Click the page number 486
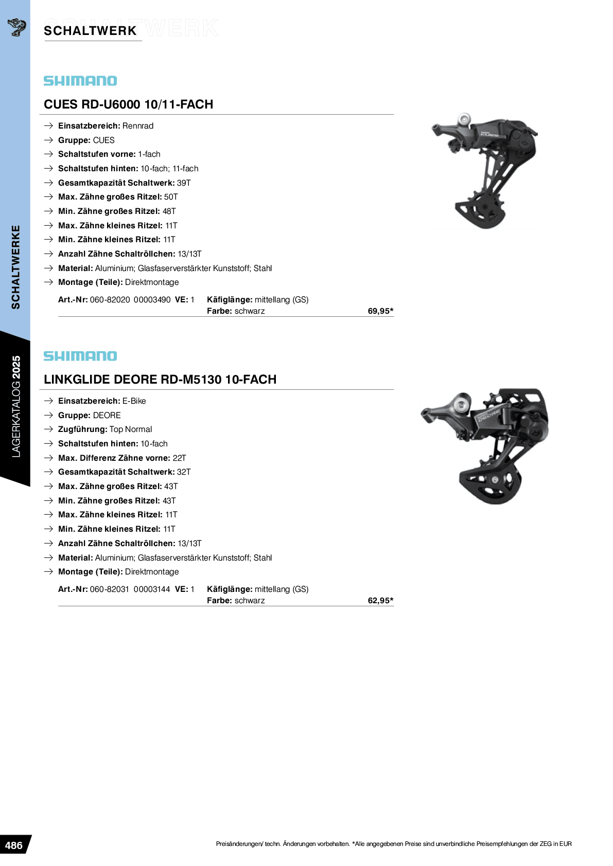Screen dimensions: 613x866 tap(13, 845)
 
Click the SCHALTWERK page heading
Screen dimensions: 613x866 tap(90, 31)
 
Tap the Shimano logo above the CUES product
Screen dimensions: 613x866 tap(80, 81)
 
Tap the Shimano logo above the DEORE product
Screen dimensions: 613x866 tap(80, 356)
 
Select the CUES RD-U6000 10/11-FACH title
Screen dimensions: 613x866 tap(129, 104)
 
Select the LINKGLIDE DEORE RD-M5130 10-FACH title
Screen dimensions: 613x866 tap(160, 380)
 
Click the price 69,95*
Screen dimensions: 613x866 tap(380, 311)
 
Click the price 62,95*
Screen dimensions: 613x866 tap(380, 601)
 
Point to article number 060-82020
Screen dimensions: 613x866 tap(110, 300)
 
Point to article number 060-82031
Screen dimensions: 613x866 tap(110, 589)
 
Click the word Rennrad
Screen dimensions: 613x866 tap(138, 126)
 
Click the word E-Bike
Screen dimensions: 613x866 tap(134, 401)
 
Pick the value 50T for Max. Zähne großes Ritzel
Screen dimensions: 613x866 tap(171, 197)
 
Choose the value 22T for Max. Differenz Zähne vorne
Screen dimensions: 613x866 tap(180, 458)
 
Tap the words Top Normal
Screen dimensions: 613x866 tap(131, 429)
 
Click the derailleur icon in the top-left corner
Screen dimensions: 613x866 tap(16, 27)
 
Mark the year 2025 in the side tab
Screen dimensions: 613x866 tap(16, 367)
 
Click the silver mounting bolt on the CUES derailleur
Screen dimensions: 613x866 tap(464, 119)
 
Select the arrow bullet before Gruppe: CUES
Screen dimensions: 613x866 tap(48, 140)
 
